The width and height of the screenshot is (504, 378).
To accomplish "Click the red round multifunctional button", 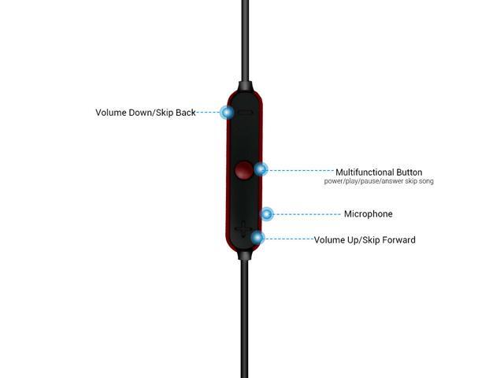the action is click(243, 170).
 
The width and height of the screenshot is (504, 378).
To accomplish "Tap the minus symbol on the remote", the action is click(245, 113).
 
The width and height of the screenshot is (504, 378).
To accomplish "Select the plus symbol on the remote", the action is click(243, 229).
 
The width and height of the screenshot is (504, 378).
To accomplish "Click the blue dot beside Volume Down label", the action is click(228, 113).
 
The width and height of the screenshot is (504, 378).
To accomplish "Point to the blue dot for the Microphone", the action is click(267, 214).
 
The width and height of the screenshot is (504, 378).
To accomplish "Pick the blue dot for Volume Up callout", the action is click(258, 238).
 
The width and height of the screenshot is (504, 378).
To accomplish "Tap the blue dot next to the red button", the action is click(261, 169).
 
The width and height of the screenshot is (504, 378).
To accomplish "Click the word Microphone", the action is click(368, 214).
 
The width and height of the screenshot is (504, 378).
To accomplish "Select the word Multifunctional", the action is click(365, 172).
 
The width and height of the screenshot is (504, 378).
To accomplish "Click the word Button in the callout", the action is click(409, 172).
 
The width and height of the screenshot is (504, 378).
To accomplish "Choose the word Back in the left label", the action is click(186, 113).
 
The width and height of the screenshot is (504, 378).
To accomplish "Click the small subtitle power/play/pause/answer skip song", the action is click(379, 181).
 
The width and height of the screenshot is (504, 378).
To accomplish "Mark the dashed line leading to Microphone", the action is click(307, 214).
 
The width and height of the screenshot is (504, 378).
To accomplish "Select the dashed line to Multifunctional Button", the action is click(301, 170).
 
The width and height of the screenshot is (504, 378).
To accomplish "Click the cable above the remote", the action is click(245, 41).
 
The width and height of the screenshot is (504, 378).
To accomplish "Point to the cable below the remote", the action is click(244, 319).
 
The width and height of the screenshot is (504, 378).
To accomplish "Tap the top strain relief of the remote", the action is click(245, 87).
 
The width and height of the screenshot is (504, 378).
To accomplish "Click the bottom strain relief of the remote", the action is click(244, 255).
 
